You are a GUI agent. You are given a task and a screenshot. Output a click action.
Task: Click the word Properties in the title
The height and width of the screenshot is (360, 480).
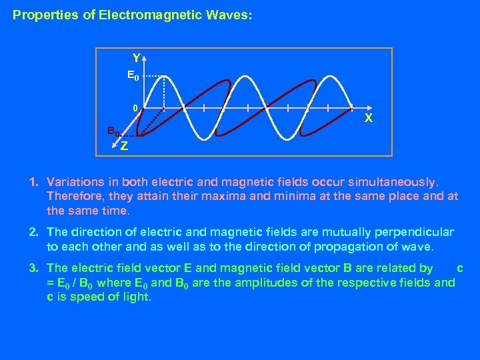click(41, 13)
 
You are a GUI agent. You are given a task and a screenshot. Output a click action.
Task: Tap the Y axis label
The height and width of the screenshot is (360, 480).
click(136, 57)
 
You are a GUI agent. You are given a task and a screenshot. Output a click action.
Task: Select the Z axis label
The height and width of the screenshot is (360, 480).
click(125, 146)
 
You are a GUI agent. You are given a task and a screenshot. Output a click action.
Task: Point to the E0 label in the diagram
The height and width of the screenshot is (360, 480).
click(133, 76)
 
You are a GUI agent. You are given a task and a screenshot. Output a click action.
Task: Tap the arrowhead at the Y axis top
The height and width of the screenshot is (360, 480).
click(145, 58)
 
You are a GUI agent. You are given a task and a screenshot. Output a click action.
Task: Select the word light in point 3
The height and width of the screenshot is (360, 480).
click(137, 297)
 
